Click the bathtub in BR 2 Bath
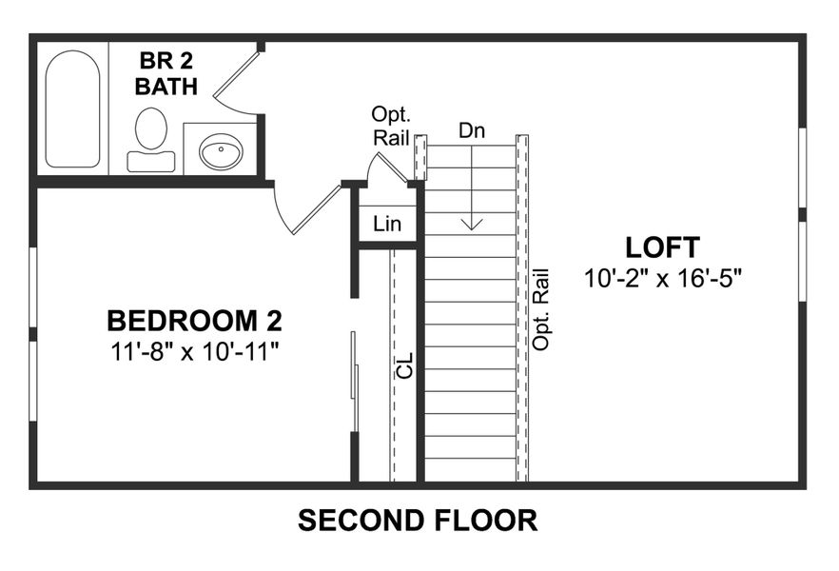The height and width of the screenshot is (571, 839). click(73, 108)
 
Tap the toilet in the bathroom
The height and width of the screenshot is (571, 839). click(150, 138)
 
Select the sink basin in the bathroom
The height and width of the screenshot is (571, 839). click(221, 150)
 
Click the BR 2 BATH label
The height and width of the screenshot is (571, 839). click(168, 74)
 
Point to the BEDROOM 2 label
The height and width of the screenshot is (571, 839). click(193, 319)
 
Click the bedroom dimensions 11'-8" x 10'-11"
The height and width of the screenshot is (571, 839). click(193, 351)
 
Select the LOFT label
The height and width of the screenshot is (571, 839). click(662, 247)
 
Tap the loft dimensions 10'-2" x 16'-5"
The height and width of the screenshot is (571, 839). click(662, 279)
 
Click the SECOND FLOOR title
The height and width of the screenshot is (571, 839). click(418, 521)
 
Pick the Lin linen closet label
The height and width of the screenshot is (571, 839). click(387, 225)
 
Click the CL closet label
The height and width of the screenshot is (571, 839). click(405, 364)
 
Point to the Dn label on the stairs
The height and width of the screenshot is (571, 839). click(472, 130)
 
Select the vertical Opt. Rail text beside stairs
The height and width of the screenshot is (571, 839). click(542, 308)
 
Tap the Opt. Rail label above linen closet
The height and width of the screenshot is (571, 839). click(391, 126)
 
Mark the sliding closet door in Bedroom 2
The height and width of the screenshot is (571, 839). click(355, 366)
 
